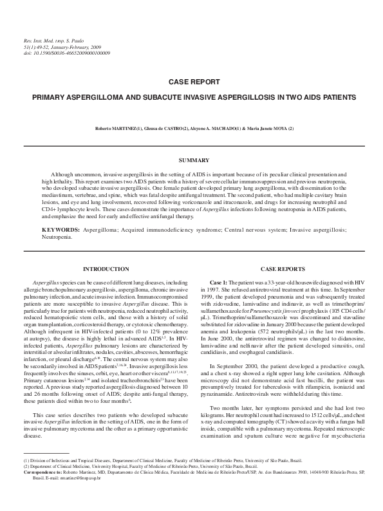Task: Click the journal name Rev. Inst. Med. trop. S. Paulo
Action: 48,42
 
